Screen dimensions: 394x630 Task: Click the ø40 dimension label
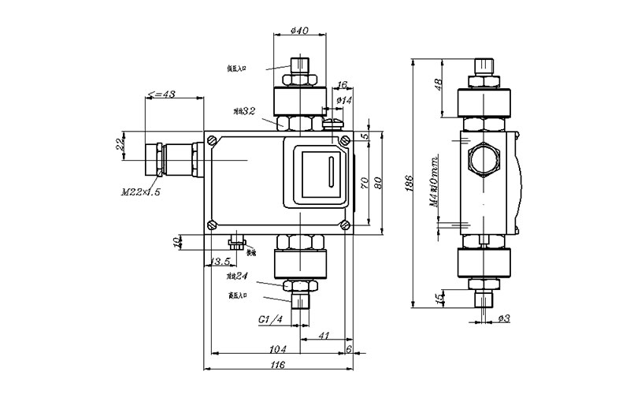pos(298,30)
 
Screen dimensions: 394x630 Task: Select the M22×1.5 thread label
pos(141,191)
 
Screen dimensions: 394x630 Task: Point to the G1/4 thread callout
pos(272,321)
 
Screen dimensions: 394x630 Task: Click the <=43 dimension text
pos(161,95)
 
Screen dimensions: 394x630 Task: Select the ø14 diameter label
pos(343,101)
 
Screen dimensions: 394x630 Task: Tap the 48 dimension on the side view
pos(439,84)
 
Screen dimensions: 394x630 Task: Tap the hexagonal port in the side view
pos(482,158)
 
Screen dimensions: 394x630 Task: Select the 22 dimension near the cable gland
pos(120,145)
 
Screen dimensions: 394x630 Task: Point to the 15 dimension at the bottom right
pos(439,298)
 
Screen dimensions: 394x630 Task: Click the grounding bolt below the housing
pos(236,243)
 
